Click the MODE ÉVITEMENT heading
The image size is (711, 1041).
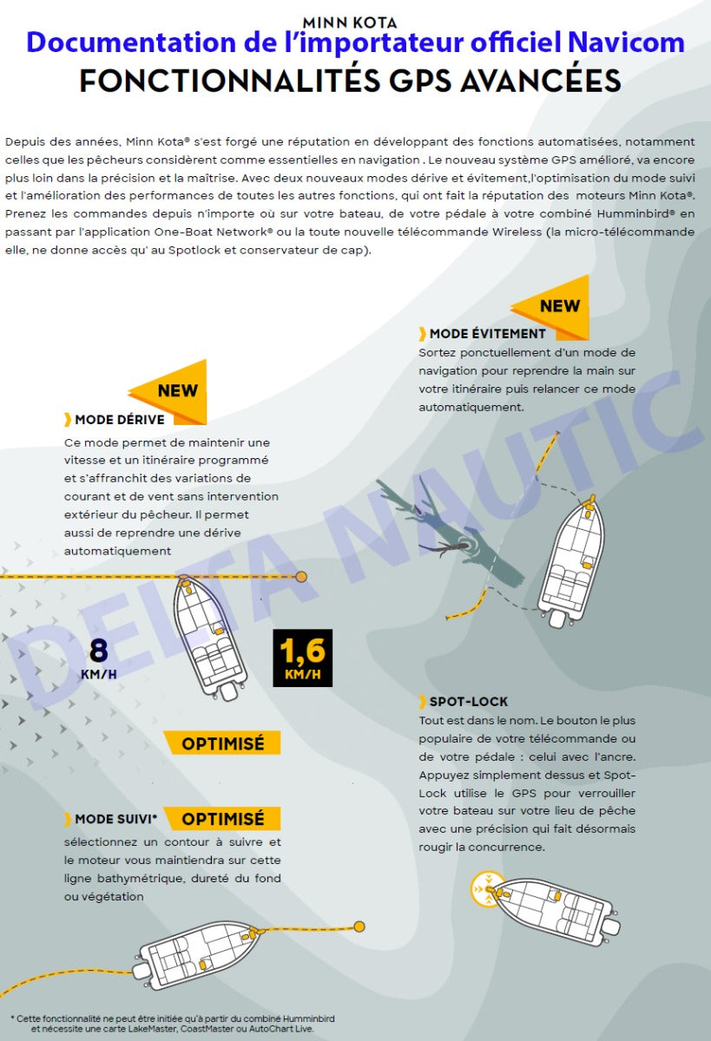pyautogui.click(x=487, y=333)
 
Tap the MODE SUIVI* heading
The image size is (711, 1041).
pyautogui.click(x=115, y=819)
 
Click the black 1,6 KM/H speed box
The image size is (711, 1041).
pyautogui.click(x=302, y=658)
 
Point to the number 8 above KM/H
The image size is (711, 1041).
pyautogui.click(x=98, y=650)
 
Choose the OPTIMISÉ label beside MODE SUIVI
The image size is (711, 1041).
pyautogui.click(x=223, y=819)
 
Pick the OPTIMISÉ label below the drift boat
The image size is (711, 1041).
pyautogui.click(x=223, y=743)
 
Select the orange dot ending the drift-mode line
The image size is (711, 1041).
pyautogui.click(x=301, y=576)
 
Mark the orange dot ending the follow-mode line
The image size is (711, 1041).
pyautogui.click(x=359, y=926)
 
